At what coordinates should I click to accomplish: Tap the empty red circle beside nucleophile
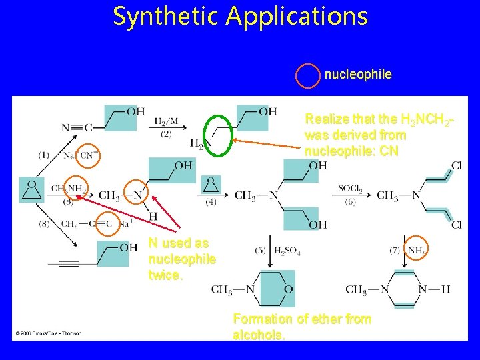pos(308,75)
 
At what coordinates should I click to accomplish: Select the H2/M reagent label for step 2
pos(166,122)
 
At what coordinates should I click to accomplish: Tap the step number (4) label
pos(211,201)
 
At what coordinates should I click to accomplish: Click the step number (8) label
pos(44,224)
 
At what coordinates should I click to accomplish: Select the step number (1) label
pos(43,155)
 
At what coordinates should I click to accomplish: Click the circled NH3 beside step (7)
pos(417,250)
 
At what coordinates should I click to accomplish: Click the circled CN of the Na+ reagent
pos(87,155)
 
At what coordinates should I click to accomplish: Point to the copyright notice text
pos(47,333)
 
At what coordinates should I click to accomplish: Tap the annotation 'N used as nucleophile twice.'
pos(181,259)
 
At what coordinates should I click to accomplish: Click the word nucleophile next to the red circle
pos(358,75)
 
